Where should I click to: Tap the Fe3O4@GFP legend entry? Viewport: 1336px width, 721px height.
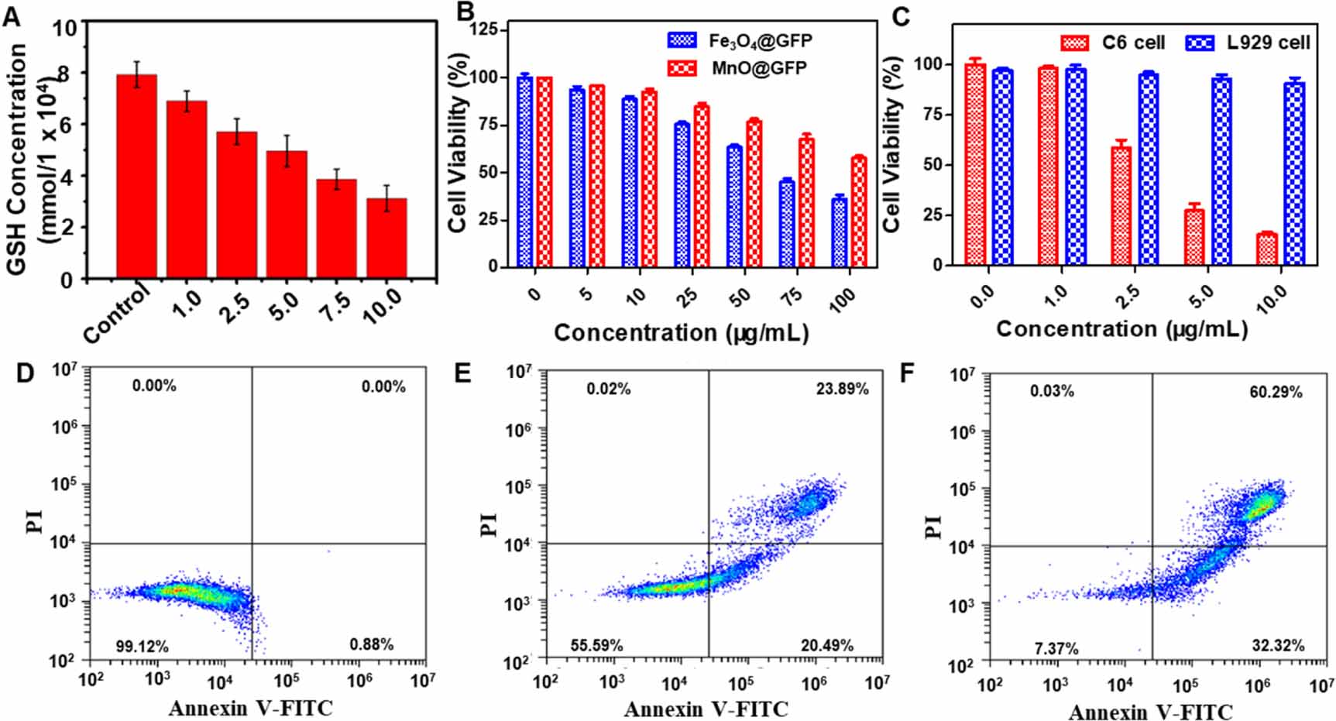pyautogui.click(x=740, y=40)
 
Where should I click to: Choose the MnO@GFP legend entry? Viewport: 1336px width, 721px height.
pyautogui.click(x=739, y=68)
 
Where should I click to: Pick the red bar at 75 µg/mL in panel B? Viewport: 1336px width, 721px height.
pyautogui.click(x=807, y=203)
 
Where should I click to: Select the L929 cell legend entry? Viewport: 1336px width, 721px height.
pyautogui.click(x=1248, y=42)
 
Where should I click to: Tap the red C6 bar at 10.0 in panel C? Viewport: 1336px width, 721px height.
pyautogui.click(x=1266, y=249)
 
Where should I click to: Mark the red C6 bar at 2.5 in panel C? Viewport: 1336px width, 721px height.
pyautogui.click(x=1121, y=206)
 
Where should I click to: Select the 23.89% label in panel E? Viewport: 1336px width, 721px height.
pyautogui.click(x=842, y=390)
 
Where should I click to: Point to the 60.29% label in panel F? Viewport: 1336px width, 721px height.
pyautogui.click(x=1276, y=393)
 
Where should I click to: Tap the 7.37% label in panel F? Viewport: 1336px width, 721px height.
pyautogui.click(x=1052, y=648)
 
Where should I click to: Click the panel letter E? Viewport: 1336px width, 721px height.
pyautogui.click(x=463, y=373)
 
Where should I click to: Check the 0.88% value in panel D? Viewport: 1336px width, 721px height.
pyautogui.click(x=371, y=644)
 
